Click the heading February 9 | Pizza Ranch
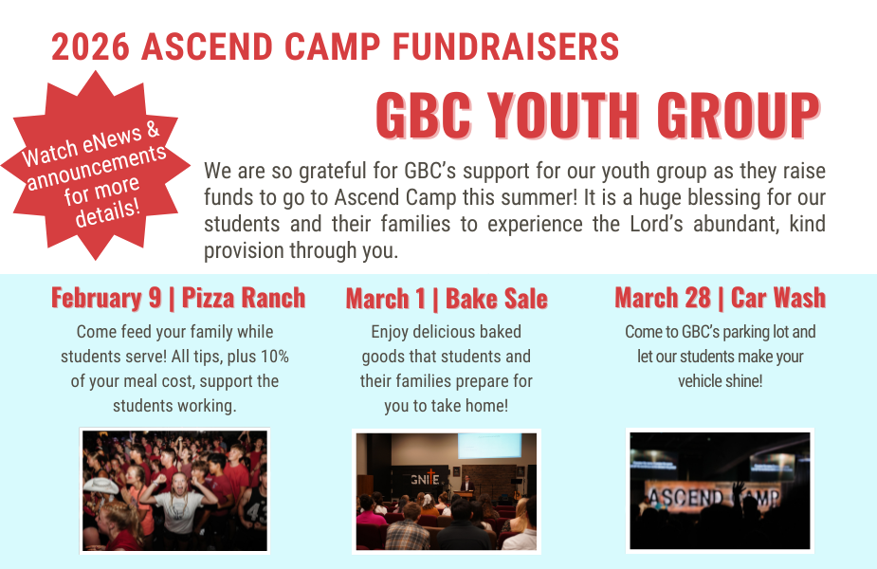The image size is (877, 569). pyautogui.click(x=178, y=298)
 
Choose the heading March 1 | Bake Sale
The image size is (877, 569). pyautogui.click(x=447, y=299)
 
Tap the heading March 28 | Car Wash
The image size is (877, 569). pyautogui.click(x=720, y=298)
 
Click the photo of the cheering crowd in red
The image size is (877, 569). pyautogui.click(x=174, y=490)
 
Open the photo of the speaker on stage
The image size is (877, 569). pyautogui.click(x=447, y=491)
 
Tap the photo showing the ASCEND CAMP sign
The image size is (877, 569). pyautogui.click(x=720, y=491)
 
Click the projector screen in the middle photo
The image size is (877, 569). pyautogui.click(x=487, y=445)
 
